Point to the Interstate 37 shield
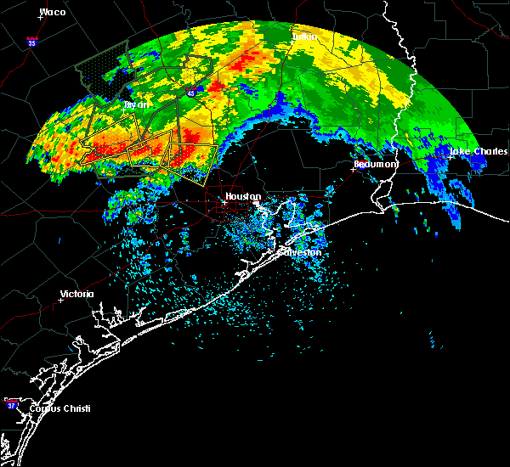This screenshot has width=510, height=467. [x=10, y=400]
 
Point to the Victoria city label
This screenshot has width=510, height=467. [x=76, y=294]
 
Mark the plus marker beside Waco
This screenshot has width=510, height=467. [x=39, y=18]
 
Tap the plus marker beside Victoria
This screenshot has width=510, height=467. [x=61, y=300]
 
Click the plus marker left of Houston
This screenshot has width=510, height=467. [x=224, y=202]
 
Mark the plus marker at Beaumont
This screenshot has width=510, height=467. [x=353, y=168]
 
